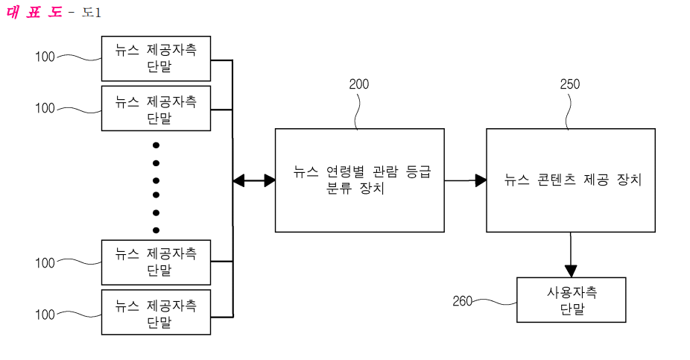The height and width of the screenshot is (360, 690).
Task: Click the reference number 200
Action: point(359,84)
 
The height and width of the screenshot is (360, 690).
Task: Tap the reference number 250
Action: point(570,84)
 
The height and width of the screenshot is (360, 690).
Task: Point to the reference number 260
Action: point(462,301)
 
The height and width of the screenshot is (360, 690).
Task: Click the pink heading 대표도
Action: point(34,11)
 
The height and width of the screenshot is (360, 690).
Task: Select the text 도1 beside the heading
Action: point(92,13)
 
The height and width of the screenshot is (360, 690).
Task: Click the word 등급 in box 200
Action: point(418,171)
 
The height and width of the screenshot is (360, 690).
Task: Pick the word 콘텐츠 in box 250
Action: point(556,180)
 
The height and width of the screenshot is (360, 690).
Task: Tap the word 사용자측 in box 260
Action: point(572,292)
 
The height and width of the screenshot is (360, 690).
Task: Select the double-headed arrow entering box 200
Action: point(254,180)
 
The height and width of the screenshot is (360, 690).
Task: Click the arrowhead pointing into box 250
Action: point(481,180)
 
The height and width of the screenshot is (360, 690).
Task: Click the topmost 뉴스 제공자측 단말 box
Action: point(156,59)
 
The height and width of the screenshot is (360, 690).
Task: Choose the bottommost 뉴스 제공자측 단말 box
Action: point(156,312)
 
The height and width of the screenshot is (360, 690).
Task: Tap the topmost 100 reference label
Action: point(45,57)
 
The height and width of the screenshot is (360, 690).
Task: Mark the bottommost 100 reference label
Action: point(45,315)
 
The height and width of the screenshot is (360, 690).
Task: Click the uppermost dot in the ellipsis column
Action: point(156,145)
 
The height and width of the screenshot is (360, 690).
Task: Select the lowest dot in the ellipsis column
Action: point(156,230)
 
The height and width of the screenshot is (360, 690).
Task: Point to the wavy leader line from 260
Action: point(495,302)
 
